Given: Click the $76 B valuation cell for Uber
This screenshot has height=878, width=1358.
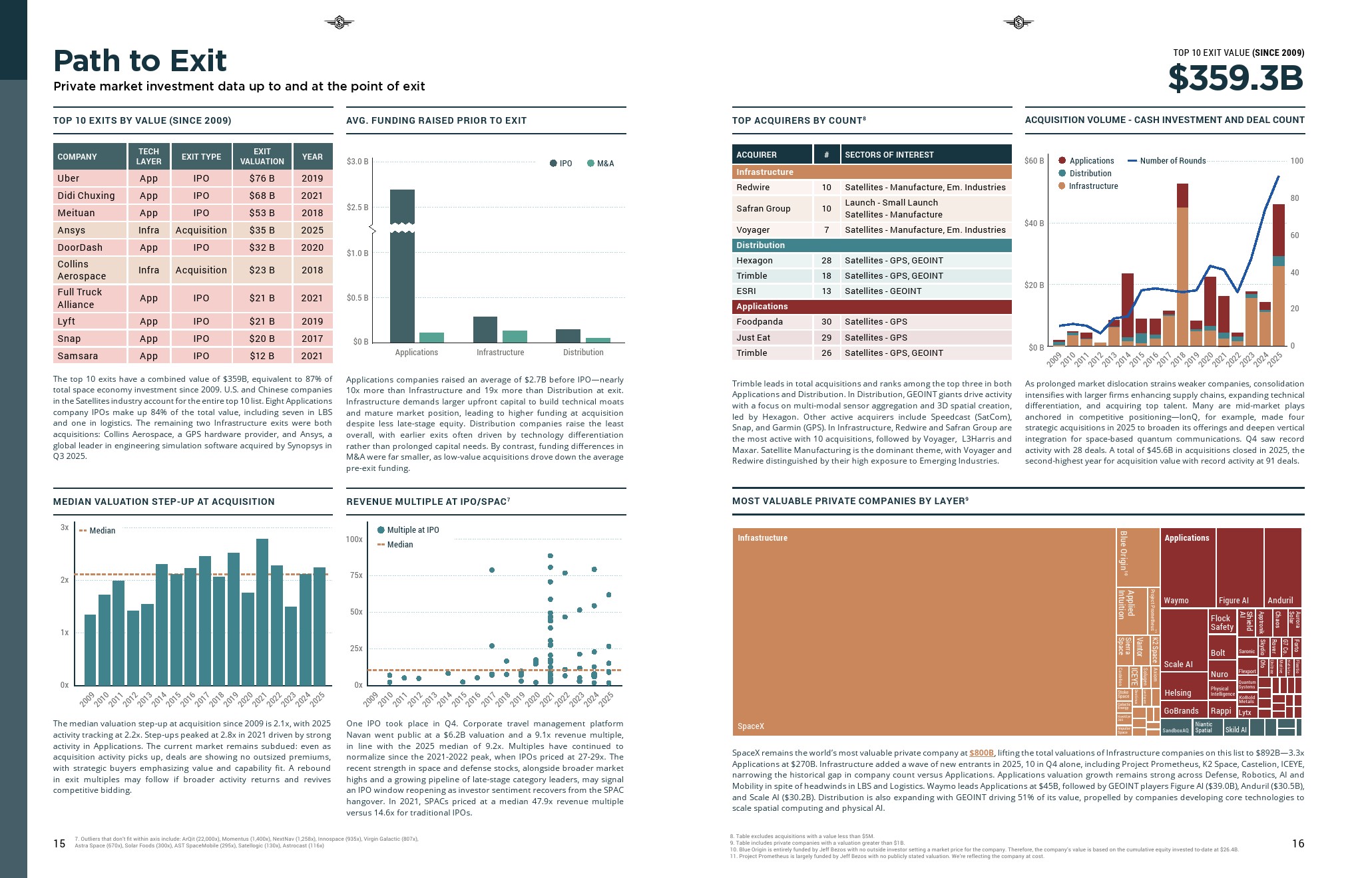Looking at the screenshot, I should [x=262, y=178].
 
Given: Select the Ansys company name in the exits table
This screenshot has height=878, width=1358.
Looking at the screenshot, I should [x=71, y=230].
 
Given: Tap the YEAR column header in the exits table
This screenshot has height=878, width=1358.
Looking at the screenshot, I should [x=312, y=157].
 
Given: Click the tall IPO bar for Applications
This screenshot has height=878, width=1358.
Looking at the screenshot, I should [x=402, y=266].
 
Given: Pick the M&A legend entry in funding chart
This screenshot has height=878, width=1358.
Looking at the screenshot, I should [x=600, y=164].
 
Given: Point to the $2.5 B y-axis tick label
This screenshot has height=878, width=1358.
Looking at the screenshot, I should [x=357, y=208].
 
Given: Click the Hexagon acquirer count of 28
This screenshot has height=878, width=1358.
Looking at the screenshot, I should [x=826, y=261].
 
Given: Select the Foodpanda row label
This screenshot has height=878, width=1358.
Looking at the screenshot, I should [x=760, y=322].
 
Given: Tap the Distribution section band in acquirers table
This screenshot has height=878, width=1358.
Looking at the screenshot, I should [x=871, y=245].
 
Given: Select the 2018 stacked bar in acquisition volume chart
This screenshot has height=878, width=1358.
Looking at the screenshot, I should [x=1182, y=266].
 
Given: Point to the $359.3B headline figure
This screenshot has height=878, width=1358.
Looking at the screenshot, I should [x=1236, y=78].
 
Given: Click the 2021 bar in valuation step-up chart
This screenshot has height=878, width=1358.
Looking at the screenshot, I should [x=262, y=612].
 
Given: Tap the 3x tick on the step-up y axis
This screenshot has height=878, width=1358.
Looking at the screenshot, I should [x=65, y=527].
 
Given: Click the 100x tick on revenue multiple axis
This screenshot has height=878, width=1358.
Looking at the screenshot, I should [x=354, y=539].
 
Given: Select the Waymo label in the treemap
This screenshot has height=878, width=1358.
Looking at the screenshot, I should [x=1176, y=601].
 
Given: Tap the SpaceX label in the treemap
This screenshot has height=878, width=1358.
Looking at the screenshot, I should [x=751, y=726].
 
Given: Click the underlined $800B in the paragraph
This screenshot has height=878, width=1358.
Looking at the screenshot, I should [x=981, y=753].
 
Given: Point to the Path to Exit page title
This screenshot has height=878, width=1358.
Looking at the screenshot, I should [x=140, y=61].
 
